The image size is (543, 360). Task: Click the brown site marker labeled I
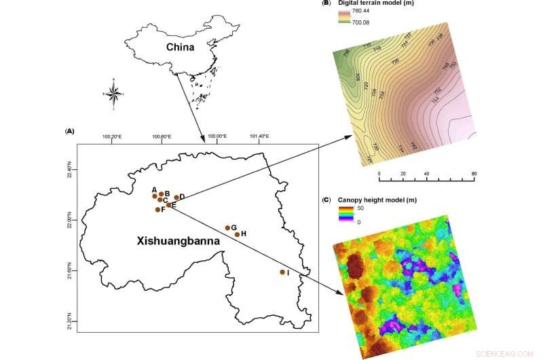282,272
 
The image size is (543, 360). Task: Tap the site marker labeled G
227,228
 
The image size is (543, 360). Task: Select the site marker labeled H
237,234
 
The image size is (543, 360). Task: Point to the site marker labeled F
157,209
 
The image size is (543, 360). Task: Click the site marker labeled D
176,198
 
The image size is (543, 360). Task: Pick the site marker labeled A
155,196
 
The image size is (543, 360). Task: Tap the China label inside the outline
181,48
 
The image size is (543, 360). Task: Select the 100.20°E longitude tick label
111,137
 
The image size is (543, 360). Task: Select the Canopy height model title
378,200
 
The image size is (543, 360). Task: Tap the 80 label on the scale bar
474,174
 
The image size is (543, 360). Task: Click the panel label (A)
69,130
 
